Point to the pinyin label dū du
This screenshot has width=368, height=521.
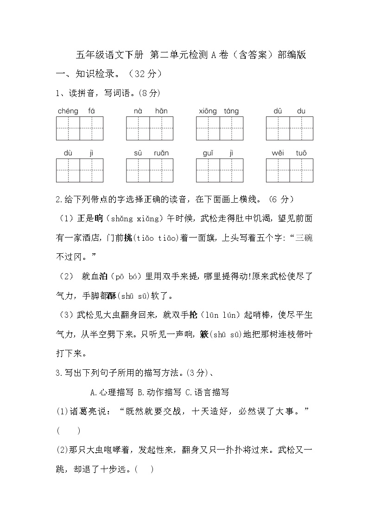[289, 111]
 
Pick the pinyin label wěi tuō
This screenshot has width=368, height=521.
[289, 153]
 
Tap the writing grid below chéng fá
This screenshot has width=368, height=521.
[80, 128]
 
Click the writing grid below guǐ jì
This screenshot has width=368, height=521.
[220, 170]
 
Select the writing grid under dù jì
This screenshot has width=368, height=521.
[80, 170]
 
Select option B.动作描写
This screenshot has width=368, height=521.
[159, 392]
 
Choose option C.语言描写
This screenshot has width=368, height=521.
[207, 392]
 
